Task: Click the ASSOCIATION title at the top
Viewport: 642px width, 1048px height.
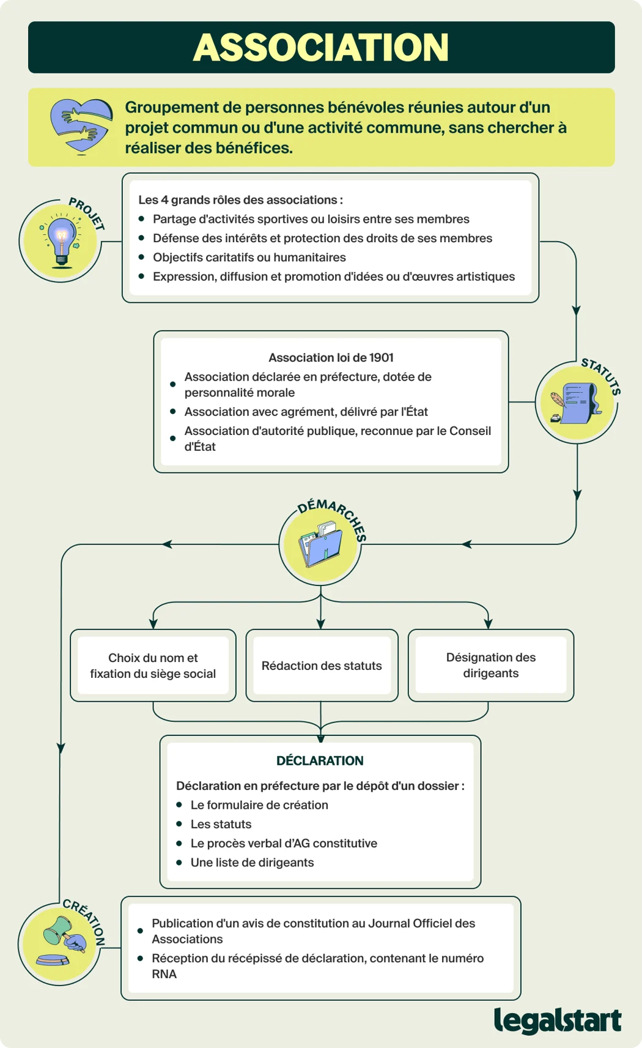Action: click(x=321, y=47)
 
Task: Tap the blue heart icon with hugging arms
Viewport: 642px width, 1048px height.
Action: click(x=81, y=126)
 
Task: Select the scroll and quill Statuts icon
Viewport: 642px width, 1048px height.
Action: click(x=576, y=403)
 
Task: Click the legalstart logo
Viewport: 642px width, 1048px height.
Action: click(x=558, y=1020)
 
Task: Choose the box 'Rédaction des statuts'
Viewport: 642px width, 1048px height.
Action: click(x=322, y=665)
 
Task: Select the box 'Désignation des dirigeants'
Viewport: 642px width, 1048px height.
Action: click(x=491, y=665)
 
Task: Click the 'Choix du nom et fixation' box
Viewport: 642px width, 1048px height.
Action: click(x=153, y=665)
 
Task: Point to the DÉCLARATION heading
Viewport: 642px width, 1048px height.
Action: click(x=320, y=760)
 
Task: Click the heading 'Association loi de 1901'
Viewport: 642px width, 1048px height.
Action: click(x=331, y=357)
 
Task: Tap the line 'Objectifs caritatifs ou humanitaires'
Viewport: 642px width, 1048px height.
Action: click(x=249, y=258)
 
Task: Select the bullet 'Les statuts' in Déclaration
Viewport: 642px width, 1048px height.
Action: click(x=221, y=824)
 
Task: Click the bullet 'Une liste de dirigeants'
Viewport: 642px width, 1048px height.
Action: click(x=252, y=862)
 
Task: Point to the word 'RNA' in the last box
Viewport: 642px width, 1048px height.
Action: click(x=164, y=973)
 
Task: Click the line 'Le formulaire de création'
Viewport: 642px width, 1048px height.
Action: click(x=259, y=805)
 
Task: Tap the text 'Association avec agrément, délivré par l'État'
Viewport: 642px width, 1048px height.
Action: click(x=306, y=412)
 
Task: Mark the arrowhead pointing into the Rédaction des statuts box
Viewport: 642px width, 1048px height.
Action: click(x=321, y=623)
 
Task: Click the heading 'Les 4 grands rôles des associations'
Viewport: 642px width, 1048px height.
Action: click(x=240, y=200)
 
